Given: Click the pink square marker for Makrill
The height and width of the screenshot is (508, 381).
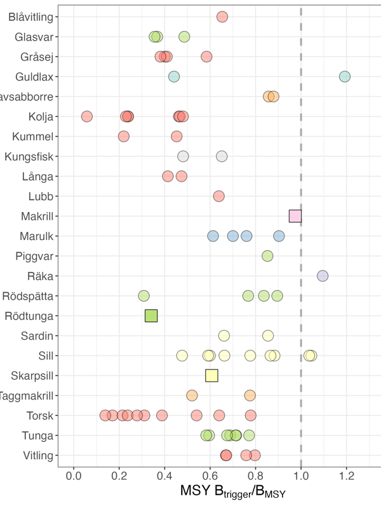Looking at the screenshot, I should click(295, 216).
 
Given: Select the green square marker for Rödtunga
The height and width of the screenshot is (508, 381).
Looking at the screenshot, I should click(151, 316).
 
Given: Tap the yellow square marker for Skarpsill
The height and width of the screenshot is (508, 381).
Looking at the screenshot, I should click(211, 375).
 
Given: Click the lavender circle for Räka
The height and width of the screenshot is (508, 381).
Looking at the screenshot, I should click(323, 276).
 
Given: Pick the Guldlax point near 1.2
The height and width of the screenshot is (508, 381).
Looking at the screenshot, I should click(345, 76).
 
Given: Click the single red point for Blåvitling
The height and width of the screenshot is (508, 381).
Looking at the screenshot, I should click(222, 17).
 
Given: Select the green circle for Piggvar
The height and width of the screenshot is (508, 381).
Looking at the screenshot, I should click(267, 256).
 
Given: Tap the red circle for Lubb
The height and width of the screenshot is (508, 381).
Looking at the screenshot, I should click(219, 196).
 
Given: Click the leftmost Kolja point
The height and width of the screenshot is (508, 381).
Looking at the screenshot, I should click(87, 116).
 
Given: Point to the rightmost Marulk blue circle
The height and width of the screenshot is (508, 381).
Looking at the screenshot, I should click(279, 236).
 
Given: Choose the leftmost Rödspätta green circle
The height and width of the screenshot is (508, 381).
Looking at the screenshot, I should click(144, 295).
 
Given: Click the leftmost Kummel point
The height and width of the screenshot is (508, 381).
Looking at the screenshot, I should click(124, 136).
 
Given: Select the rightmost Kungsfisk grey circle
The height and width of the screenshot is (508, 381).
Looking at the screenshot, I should click(222, 156).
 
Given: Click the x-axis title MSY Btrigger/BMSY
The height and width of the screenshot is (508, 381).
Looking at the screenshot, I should click(233, 492).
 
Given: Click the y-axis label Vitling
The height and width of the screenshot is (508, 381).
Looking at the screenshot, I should click(37, 455).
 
